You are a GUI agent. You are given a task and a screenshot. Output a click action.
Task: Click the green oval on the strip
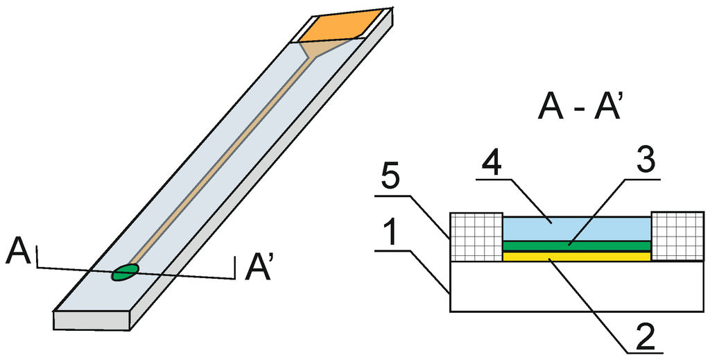(x=125, y=273)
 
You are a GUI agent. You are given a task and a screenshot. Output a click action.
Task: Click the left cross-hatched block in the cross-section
(x=477, y=237)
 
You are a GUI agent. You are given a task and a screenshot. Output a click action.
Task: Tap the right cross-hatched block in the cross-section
(x=677, y=237)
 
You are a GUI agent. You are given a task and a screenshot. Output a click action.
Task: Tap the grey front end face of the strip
(x=93, y=320)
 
